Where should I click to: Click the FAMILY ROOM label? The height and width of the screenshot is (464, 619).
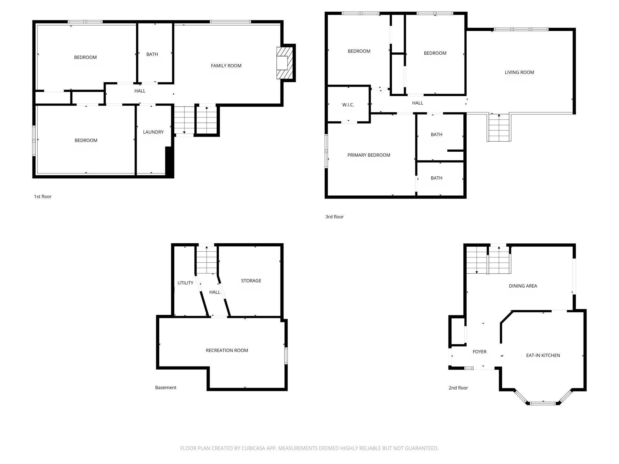226,66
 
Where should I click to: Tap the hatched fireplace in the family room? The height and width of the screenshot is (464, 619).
284,63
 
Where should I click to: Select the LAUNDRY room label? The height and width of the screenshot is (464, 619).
153,132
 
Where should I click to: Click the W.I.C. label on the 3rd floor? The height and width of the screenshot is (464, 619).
348,105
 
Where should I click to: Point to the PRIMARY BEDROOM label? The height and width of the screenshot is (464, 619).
369,155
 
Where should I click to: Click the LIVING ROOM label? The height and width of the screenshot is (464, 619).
519,72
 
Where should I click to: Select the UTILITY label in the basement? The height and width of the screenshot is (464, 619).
185,283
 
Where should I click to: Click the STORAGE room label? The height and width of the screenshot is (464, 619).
251,281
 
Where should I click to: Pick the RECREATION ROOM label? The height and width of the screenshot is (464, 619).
227,351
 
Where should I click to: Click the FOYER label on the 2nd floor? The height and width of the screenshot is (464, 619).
479,352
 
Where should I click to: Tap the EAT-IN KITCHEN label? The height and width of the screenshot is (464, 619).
543,355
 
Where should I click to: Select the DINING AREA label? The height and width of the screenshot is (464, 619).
523,286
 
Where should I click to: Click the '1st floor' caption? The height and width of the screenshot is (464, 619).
43,197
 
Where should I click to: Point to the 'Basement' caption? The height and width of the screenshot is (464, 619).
166,388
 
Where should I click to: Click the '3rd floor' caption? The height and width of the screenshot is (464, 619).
334,217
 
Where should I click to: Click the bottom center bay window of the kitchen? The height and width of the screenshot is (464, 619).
543,403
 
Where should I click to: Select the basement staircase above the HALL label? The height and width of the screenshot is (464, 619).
207,260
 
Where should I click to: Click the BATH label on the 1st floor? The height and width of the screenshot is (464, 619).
152,54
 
